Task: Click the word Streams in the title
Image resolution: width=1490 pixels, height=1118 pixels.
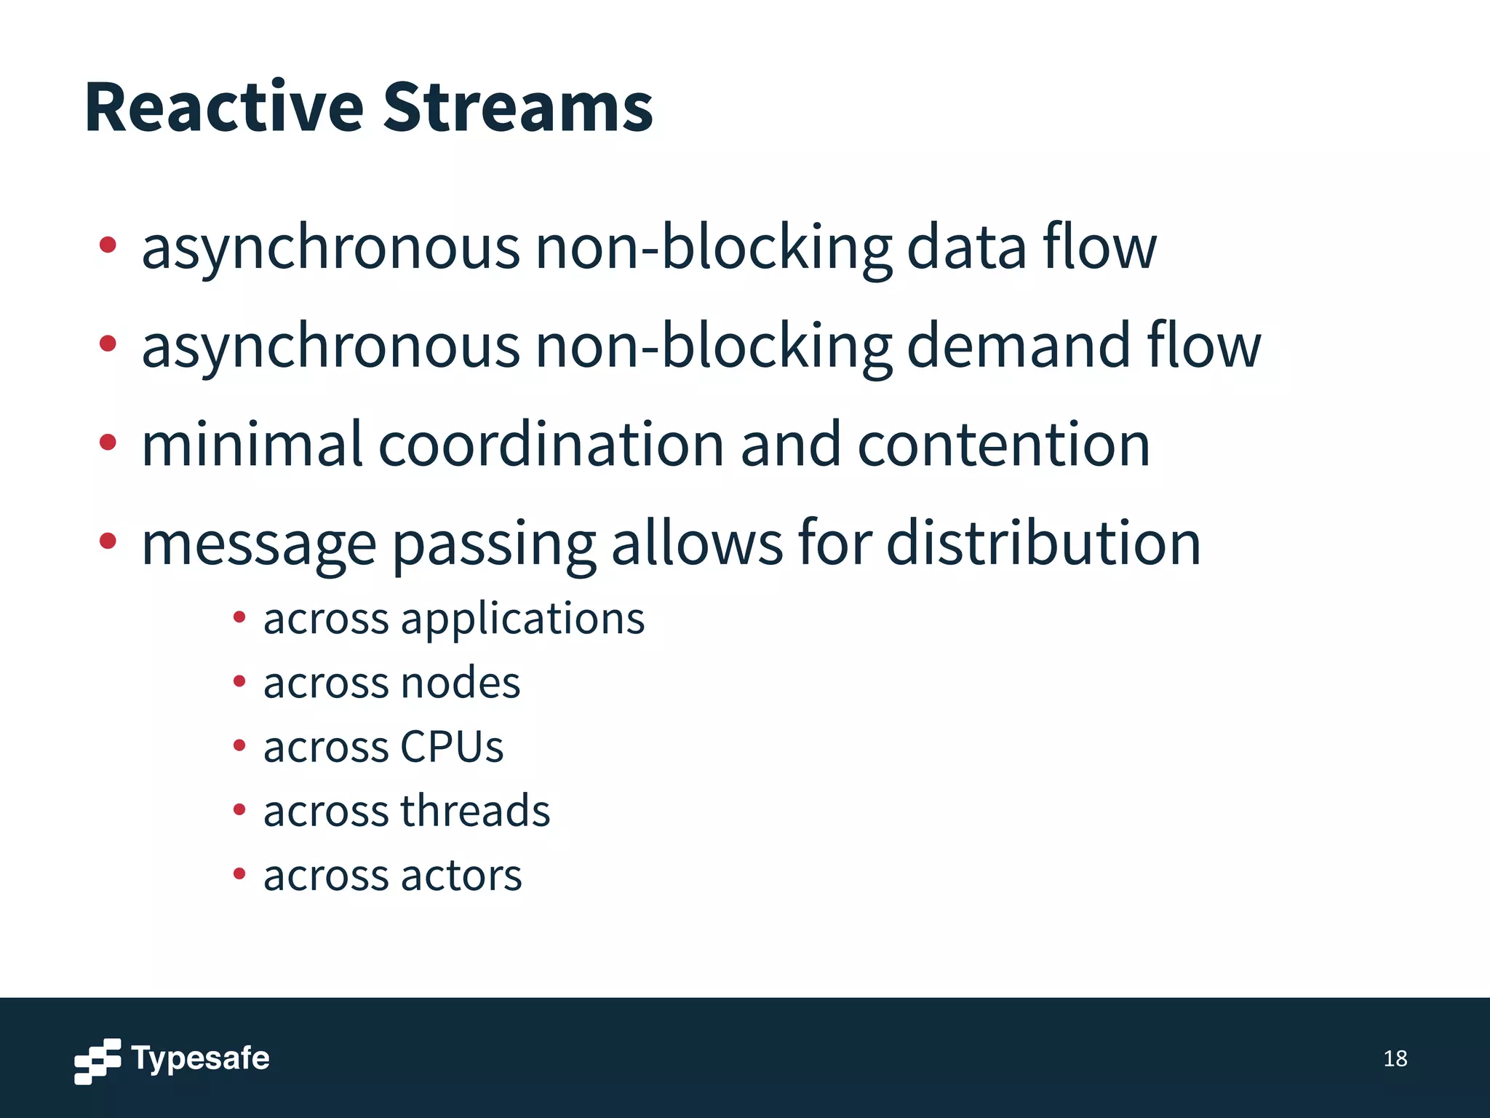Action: (517, 108)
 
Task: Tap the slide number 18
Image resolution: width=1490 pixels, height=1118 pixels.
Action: (1395, 1058)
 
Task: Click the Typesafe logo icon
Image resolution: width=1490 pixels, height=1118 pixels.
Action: (97, 1060)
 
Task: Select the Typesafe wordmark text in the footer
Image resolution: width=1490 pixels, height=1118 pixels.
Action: (200, 1058)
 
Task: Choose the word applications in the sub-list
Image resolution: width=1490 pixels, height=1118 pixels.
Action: (522, 620)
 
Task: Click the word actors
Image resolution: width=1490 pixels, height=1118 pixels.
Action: (461, 875)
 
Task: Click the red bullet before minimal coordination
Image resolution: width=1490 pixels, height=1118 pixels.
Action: (108, 441)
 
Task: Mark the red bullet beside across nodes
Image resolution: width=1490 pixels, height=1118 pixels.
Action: (239, 681)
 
